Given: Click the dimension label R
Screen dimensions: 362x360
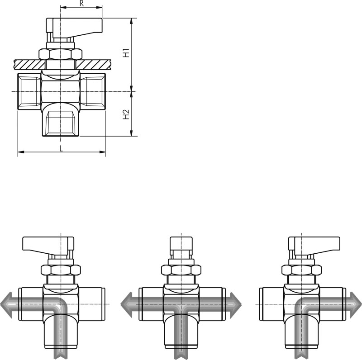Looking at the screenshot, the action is click(x=81, y=4).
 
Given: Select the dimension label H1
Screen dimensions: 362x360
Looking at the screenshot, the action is click(x=126, y=53).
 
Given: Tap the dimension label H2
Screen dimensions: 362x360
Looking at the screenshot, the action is click(x=126, y=114).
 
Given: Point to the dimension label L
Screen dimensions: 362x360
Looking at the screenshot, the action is click(x=61, y=148).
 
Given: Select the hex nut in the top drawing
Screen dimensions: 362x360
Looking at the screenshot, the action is click(x=60, y=54).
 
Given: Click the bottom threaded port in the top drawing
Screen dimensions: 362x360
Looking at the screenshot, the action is click(x=61, y=123).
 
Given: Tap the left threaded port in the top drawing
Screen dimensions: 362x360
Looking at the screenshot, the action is click(x=29, y=91).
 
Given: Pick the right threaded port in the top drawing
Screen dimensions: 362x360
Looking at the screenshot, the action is click(x=93, y=91).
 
